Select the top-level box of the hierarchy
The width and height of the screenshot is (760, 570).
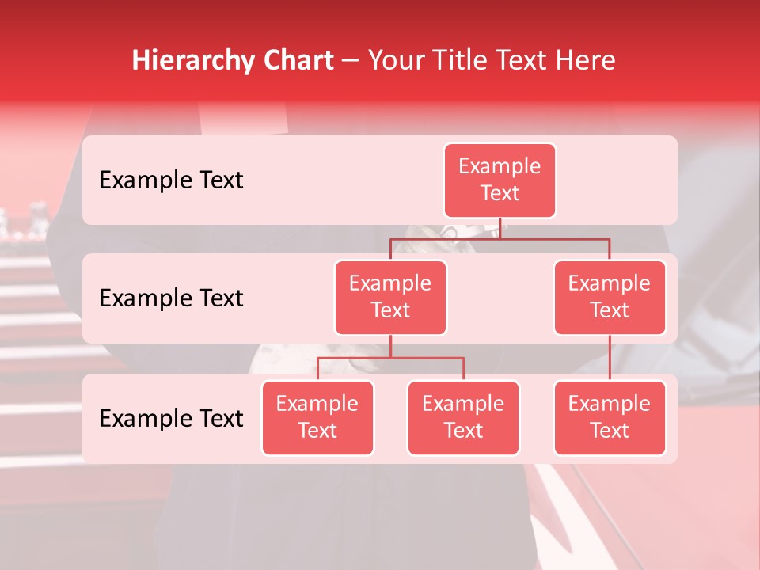pyautogui.click(x=500, y=180)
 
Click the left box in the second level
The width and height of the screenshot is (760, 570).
pyautogui.click(x=390, y=297)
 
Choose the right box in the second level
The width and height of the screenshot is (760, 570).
pyautogui.click(x=610, y=297)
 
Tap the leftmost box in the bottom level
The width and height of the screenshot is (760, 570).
pyautogui.click(x=317, y=417)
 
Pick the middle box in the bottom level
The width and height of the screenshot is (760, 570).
pyautogui.click(x=463, y=417)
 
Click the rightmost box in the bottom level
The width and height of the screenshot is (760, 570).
pyautogui.click(x=610, y=417)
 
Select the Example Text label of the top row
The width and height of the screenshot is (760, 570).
pyautogui.click(x=171, y=180)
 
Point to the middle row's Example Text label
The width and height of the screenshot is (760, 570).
pyautogui.click(x=171, y=298)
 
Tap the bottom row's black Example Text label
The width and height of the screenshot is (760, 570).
pyautogui.click(x=171, y=418)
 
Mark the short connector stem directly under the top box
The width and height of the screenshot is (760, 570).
pyautogui.click(x=500, y=228)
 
